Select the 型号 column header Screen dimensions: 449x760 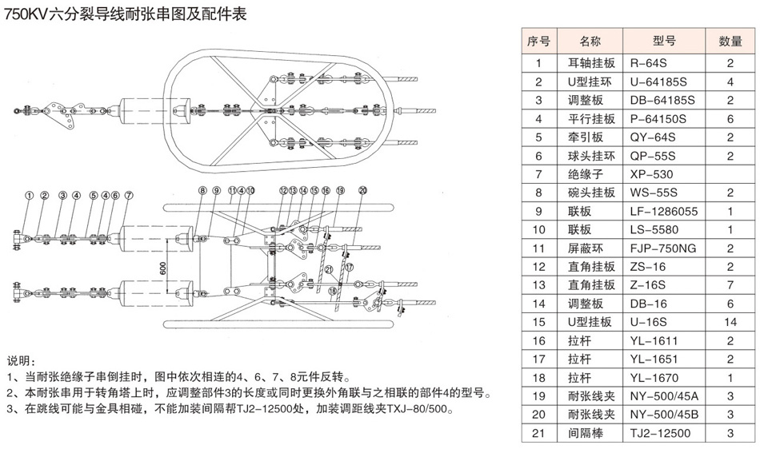(664, 41)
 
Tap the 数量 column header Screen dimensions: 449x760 (730, 41)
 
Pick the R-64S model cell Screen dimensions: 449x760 (651, 62)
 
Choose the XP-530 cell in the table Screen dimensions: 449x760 (653, 174)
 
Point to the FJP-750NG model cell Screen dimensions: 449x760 (664, 248)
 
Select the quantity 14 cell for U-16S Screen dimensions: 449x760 (730, 322)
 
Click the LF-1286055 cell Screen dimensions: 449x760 (664, 212)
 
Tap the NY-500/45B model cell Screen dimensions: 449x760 (664, 415)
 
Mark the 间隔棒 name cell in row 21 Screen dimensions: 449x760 (586, 433)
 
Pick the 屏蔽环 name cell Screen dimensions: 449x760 (586, 248)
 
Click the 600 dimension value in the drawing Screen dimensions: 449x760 (163, 268)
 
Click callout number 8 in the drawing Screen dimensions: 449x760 (202, 190)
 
